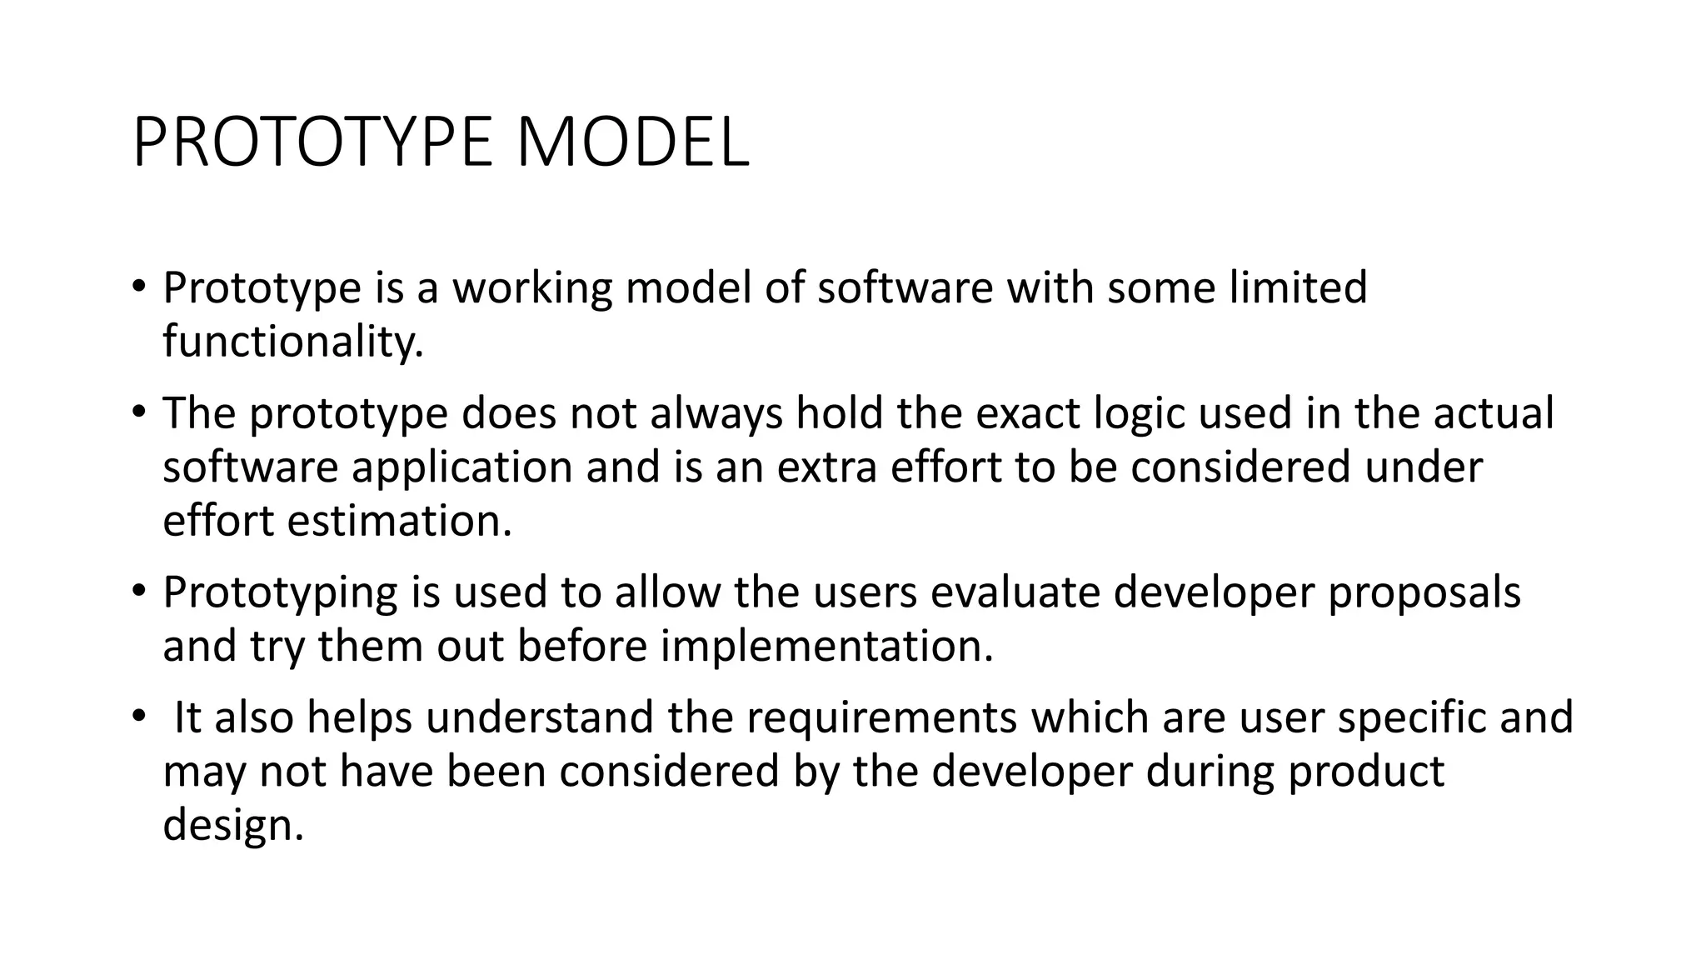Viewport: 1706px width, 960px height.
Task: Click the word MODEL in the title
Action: tap(632, 143)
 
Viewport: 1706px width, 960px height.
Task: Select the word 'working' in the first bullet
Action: tap(532, 288)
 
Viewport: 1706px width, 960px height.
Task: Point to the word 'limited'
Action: tap(1298, 287)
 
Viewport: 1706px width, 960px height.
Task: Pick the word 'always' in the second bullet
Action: tap(716, 414)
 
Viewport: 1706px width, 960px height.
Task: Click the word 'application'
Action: tap(462, 467)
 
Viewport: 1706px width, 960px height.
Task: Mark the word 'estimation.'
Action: tap(400, 521)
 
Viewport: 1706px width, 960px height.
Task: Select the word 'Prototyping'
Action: tap(280, 593)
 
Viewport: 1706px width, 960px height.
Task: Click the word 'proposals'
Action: tap(1424, 593)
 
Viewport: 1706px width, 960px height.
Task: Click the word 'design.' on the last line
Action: tap(233, 825)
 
